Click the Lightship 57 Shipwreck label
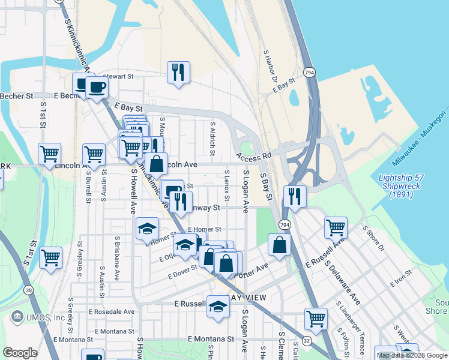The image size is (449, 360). (403, 186)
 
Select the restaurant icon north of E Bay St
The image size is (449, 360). (178, 73)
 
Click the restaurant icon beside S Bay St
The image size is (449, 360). (295, 197)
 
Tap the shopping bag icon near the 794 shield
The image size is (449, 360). (280, 245)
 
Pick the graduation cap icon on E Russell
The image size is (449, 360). (218, 307)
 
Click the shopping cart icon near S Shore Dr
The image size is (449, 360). (336, 228)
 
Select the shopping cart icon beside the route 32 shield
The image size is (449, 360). (316, 319)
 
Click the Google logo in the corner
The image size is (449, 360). (20, 353)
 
